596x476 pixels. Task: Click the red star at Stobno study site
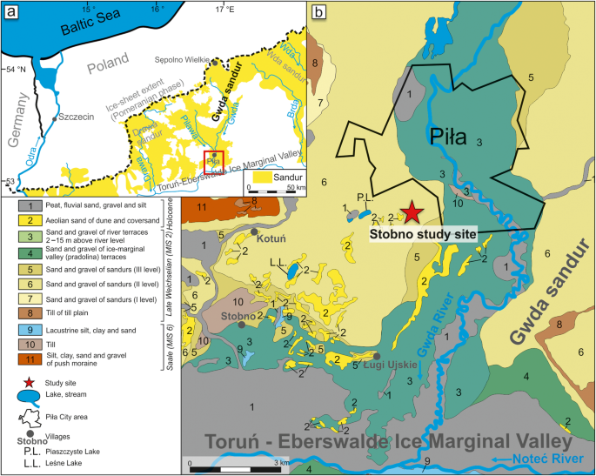[x=411, y=212]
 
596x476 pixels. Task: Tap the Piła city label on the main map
[x=448, y=136]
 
